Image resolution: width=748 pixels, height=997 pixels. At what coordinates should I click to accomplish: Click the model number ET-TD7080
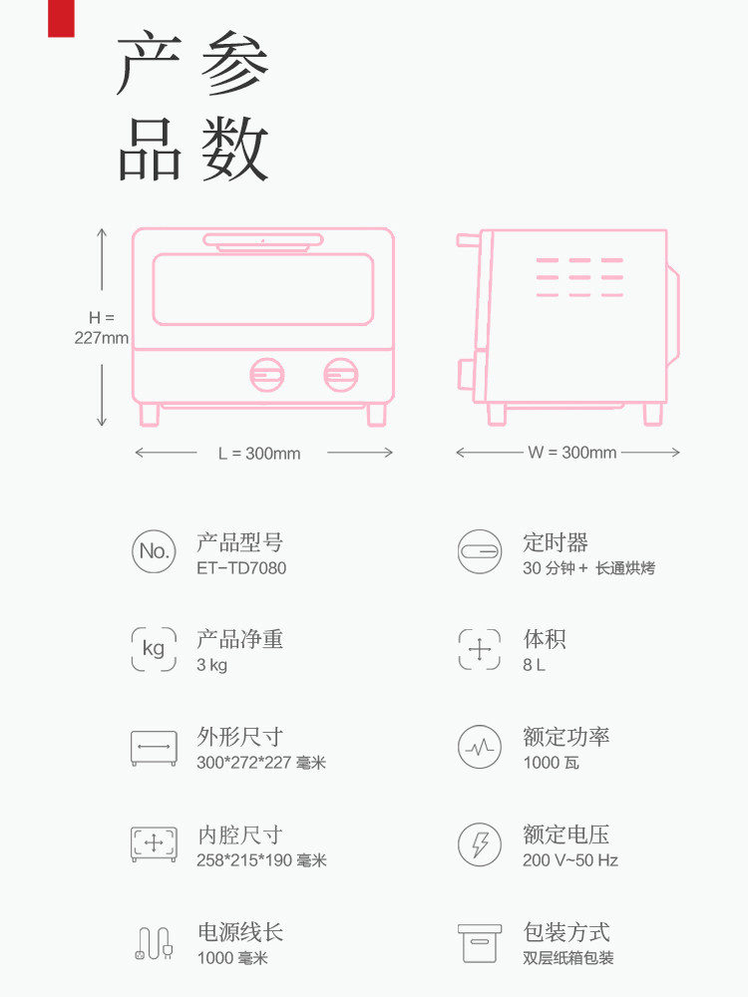240,568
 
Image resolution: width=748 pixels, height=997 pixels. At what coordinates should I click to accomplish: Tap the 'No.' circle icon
154,550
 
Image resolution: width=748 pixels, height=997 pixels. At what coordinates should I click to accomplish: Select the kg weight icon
154,648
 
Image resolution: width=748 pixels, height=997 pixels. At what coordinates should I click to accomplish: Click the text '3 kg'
211,665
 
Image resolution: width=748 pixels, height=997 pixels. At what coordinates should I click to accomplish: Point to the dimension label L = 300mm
259,454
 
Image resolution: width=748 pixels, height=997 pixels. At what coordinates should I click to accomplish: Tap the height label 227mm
102,338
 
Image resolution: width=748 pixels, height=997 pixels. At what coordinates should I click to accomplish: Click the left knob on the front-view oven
266,375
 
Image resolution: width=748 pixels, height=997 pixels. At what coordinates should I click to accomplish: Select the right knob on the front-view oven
340,375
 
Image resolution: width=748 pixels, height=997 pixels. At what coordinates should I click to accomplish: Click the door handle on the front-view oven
263,239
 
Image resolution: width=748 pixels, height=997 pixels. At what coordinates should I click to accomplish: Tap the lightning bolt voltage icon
480,844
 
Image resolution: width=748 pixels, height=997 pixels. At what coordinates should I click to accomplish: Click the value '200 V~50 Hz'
570,860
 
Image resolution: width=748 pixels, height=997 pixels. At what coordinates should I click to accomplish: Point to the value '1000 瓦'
551,763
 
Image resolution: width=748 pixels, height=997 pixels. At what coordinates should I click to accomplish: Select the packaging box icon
480,942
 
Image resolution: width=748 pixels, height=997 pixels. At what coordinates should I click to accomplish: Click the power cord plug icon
154,943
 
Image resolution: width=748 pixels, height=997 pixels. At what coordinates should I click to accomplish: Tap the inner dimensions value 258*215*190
261,860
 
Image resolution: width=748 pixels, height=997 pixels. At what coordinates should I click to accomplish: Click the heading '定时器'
556,543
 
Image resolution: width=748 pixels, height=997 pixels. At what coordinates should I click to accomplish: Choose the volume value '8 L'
534,665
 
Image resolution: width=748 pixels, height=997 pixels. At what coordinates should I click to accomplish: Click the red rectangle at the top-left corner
61,18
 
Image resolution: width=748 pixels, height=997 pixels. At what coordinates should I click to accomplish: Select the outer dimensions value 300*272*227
261,763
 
